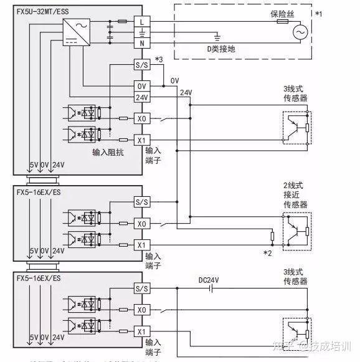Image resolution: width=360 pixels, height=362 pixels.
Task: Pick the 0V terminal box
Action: (142, 85)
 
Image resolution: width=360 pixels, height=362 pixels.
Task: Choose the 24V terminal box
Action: (142, 97)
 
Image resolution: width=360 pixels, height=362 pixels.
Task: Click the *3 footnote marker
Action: (159, 59)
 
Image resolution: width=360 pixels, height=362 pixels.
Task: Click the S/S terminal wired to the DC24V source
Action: (142, 288)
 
